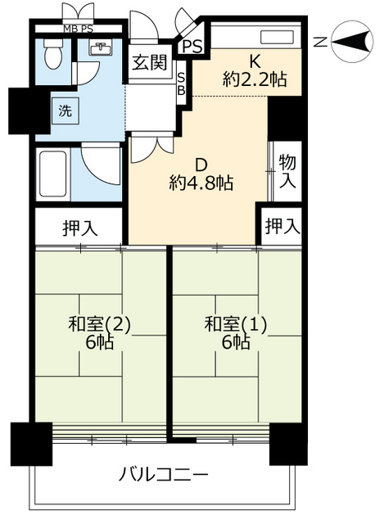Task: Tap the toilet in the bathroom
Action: tap(52, 56)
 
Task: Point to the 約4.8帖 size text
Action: tap(201, 182)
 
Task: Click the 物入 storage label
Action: tap(286, 171)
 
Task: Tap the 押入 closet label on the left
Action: tap(79, 227)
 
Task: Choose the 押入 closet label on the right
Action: tap(282, 224)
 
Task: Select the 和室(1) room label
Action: tap(236, 323)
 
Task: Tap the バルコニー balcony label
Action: tap(163, 474)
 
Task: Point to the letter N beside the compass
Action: tap(322, 42)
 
